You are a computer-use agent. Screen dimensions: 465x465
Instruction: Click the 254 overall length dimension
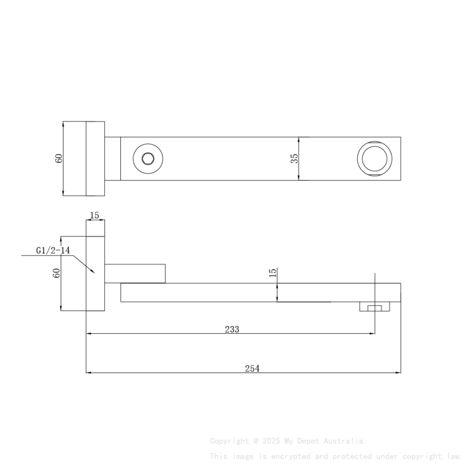[x=252, y=368]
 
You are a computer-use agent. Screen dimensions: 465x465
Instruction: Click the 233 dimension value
[x=232, y=329]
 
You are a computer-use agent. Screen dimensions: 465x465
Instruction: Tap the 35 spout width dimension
[x=294, y=158]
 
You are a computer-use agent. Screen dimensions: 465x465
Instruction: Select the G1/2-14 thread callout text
[x=53, y=251]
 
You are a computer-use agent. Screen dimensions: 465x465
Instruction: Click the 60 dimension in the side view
[x=56, y=274]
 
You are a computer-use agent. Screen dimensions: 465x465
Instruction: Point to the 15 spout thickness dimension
[x=273, y=272]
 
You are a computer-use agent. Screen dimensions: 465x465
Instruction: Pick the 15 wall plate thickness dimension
[x=95, y=215]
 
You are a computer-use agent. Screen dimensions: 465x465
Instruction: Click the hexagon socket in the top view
[x=148, y=159]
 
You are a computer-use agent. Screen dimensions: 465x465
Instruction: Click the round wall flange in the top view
[x=95, y=158]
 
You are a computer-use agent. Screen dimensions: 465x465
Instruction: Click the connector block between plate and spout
[x=135, y=273]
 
